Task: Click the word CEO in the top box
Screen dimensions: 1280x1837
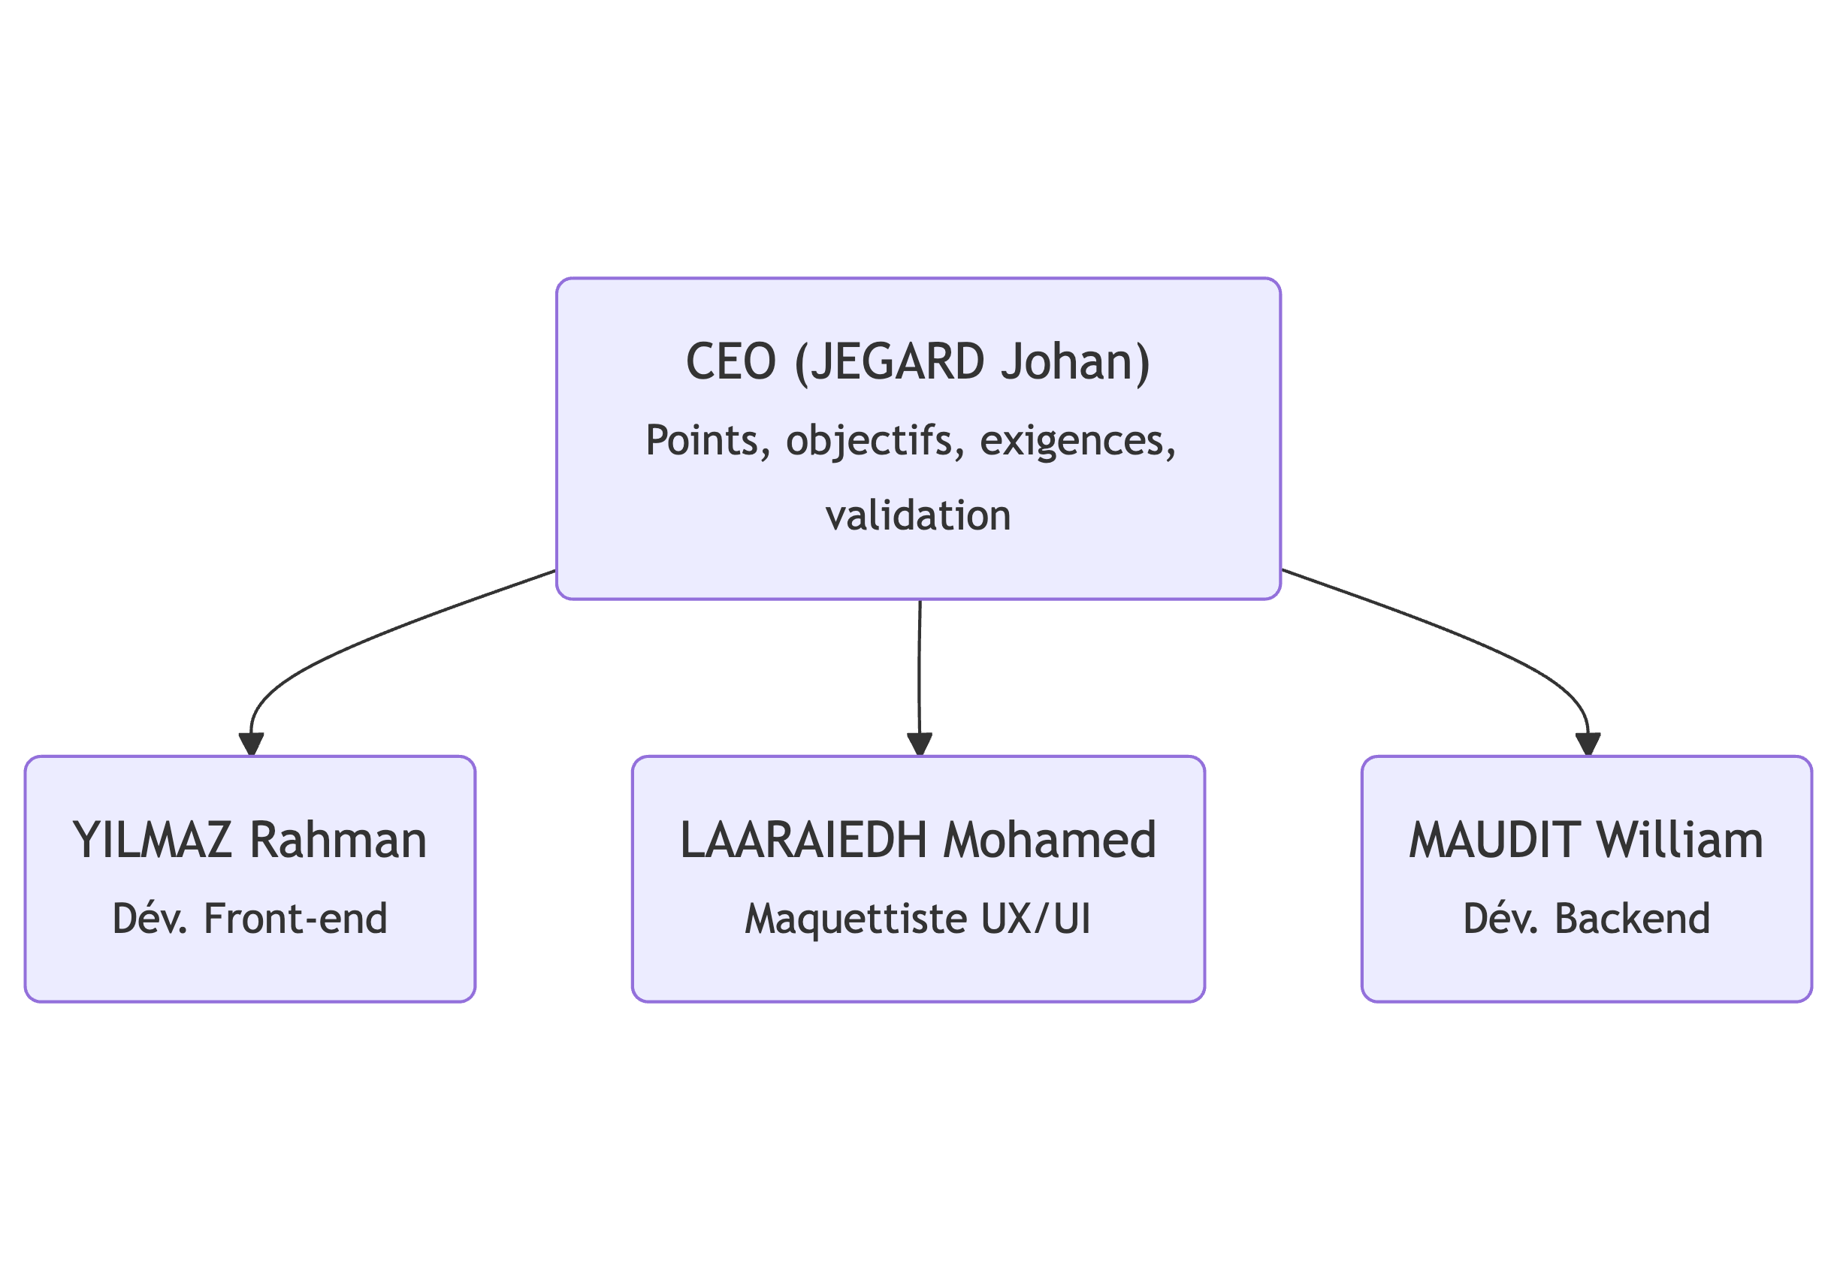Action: tap(730, 361)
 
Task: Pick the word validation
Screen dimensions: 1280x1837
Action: tap(918, 515)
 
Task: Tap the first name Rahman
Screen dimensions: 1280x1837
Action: tap(338, 841)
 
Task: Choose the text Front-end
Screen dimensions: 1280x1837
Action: tap(296, 919)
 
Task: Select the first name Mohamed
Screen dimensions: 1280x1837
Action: tap(1050, 841)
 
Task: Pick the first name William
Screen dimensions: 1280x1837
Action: tap(1680, 841)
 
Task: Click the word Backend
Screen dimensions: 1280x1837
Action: tap(1632, 919)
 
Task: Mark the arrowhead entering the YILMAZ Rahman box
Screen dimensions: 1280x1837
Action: tap(251, 744)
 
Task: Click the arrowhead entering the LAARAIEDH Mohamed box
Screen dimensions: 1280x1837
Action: tap(920, 744)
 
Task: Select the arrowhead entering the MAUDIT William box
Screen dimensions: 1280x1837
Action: tap(1588, 744)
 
